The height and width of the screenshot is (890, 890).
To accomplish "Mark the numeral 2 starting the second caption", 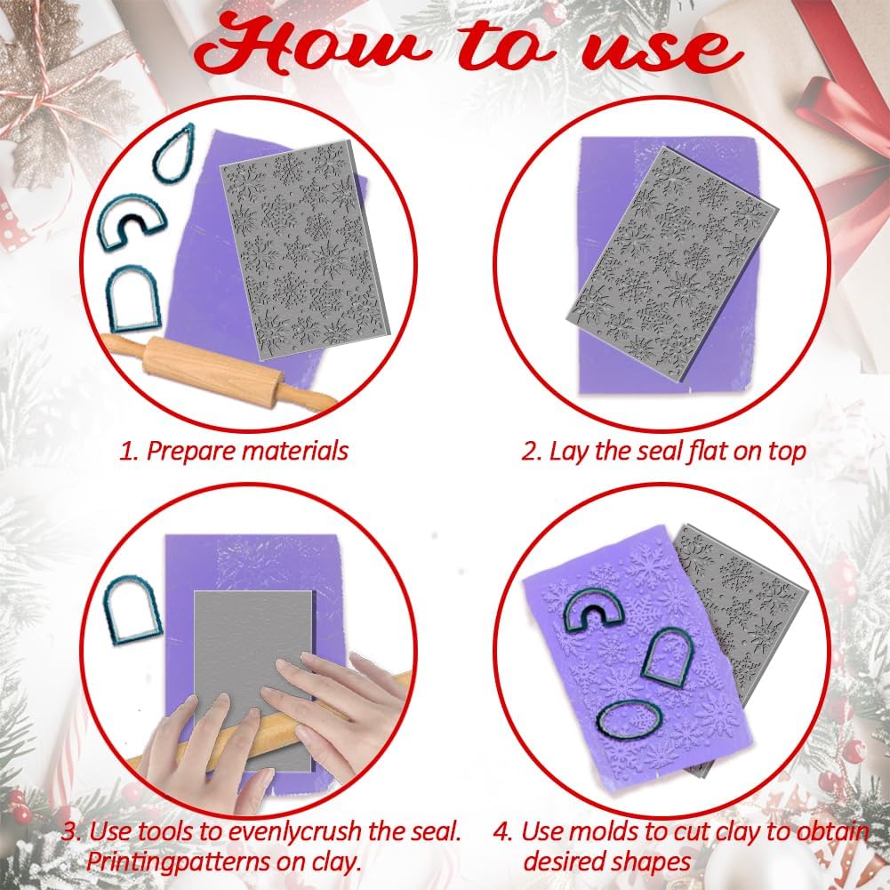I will (x=531, y=451).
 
